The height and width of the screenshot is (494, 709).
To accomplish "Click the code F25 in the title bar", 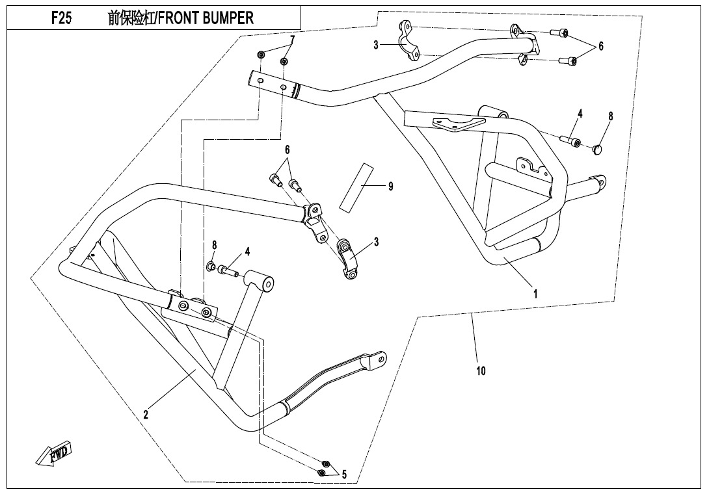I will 61,18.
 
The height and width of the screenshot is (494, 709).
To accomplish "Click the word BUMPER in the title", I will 227,18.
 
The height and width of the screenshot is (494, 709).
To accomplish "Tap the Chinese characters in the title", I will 131,18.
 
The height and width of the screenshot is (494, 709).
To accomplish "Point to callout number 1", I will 535,294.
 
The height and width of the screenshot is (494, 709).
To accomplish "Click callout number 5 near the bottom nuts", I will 344,474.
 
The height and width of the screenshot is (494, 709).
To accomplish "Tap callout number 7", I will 292,40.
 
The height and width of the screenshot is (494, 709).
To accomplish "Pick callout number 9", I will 390,187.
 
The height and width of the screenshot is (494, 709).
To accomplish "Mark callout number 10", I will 481,371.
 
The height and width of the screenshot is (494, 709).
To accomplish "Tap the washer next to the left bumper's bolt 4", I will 211,266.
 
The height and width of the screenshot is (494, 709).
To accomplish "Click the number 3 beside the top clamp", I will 376,45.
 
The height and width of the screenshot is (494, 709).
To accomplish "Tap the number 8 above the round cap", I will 610,116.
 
